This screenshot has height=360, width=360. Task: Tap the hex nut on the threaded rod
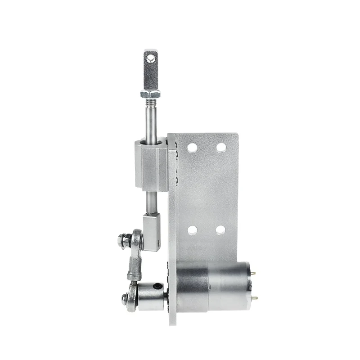[x=150, y=94]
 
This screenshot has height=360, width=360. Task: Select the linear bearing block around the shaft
[x=151, y=164]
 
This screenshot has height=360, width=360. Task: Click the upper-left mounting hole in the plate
[x=192, y=147]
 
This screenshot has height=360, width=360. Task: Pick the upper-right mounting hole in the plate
[x=221, y=147]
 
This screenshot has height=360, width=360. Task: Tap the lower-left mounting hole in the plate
[x=192, y=230]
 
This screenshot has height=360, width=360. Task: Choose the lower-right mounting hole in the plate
[x=220, y=230]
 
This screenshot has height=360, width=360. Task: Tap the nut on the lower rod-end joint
[x=124, y=297]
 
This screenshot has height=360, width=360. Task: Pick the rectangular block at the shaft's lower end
[x=152, y=232]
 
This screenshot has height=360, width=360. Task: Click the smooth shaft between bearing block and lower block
[x=151, y=202]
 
